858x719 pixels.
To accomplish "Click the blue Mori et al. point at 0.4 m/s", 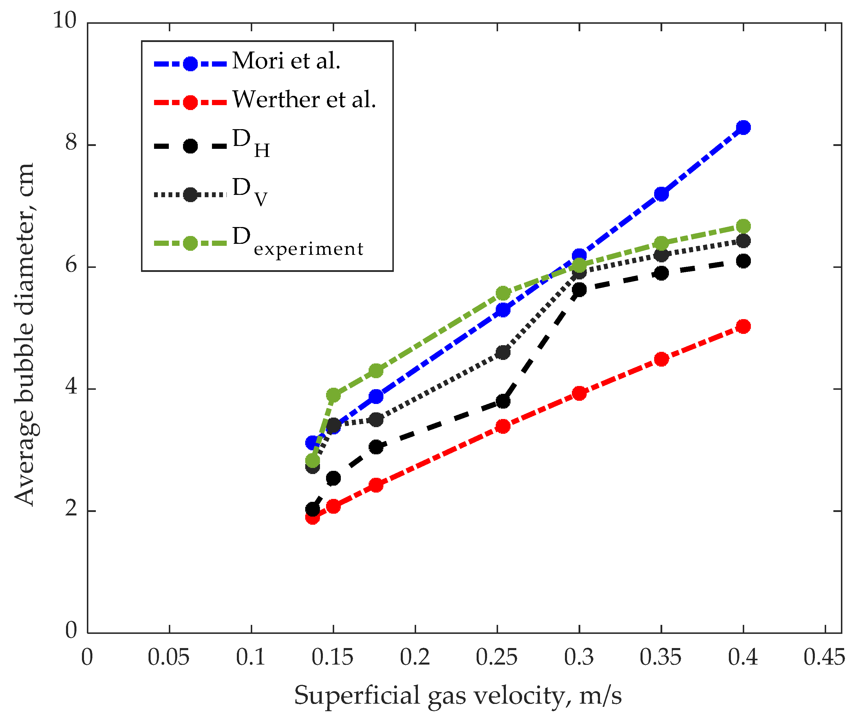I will point(744,127).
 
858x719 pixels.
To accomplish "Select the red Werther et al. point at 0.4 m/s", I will point(744,326).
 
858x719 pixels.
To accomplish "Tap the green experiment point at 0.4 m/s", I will point(744,226).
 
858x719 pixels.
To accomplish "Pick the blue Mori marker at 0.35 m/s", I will point(661,194).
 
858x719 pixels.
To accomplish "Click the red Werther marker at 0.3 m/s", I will point(579,394).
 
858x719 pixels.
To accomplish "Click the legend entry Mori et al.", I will point(286,61).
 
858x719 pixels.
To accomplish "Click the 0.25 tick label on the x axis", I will point(497,657).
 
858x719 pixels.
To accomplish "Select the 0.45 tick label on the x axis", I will point(824,657).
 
